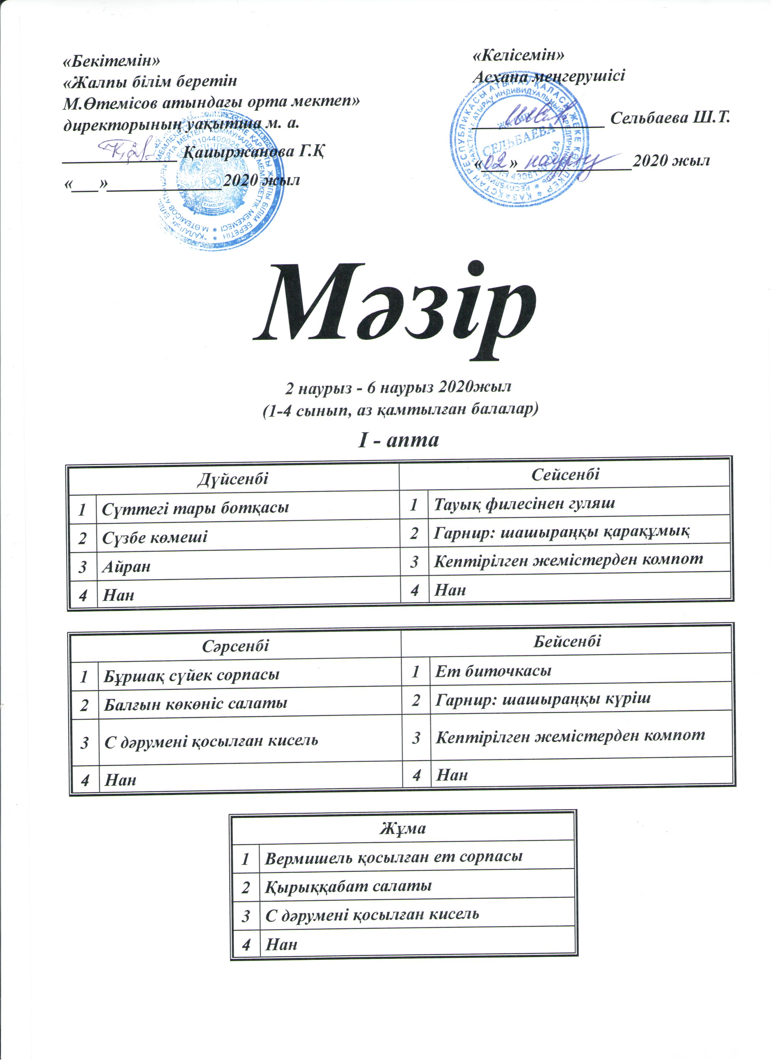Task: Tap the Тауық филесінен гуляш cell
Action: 524,503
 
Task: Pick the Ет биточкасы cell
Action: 493,671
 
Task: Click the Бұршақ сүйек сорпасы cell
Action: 192,675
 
